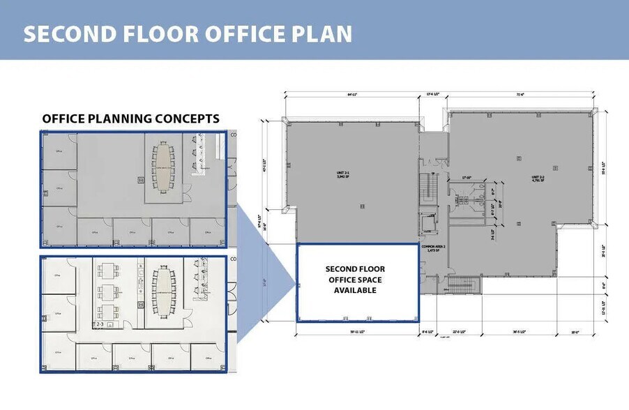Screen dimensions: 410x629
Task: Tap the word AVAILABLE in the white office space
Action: tap(355, 290)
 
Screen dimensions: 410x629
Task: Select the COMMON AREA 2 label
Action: tap(433, 248)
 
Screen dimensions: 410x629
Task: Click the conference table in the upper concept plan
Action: tap(164, 167)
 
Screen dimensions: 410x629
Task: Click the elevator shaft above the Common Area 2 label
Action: tap(427, 225)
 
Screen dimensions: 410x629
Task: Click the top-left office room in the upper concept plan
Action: tap(59, 150)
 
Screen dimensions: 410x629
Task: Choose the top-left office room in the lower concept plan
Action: tap(59, 275)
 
